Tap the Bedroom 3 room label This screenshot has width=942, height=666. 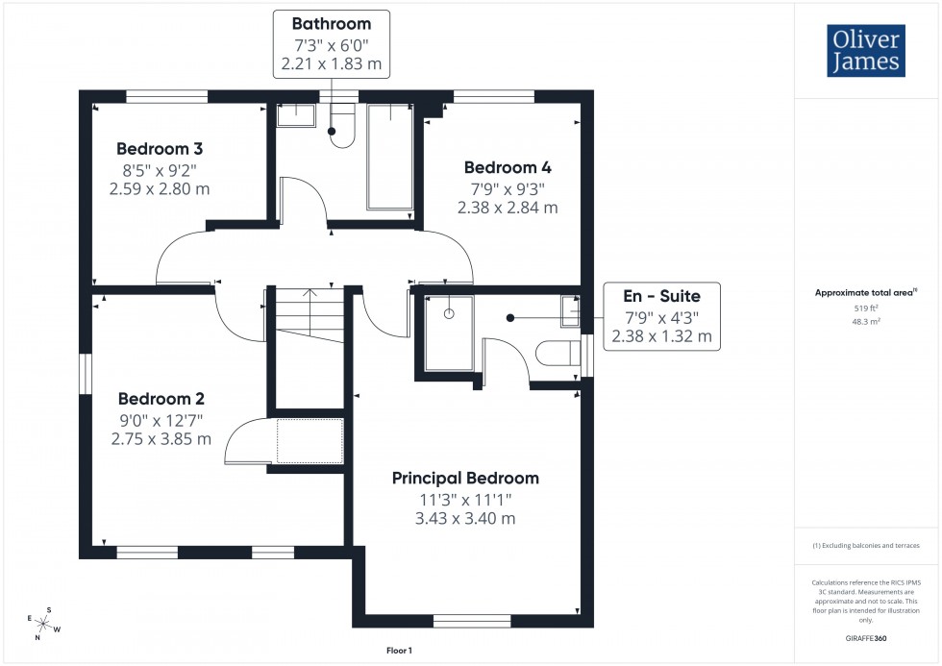160,149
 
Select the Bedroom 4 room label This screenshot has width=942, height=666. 508,167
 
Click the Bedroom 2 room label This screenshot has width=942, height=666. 161,399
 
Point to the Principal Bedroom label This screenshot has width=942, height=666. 465,478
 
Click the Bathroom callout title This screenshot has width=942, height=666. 331,23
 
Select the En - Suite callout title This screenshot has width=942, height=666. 661,296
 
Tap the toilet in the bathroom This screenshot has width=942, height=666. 342,129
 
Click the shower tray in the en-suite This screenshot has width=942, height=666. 448,333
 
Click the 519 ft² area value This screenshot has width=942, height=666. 867,308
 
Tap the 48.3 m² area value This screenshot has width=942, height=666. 867,322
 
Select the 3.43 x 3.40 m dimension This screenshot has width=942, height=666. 465,519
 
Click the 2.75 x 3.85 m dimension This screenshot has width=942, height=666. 161,439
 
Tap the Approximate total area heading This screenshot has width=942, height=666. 866,291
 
